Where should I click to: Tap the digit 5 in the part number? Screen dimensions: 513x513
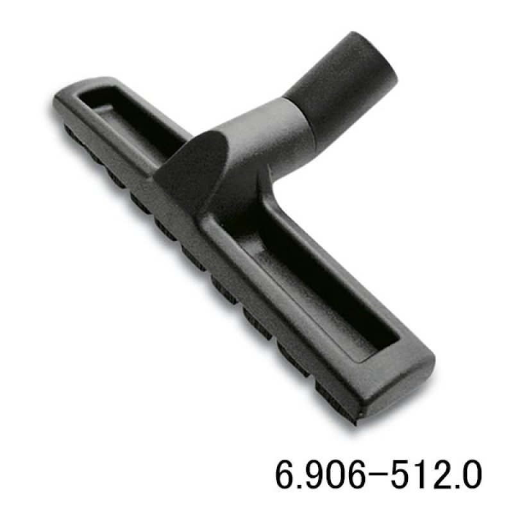pos(401,475)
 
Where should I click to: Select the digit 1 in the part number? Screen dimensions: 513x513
pos(421,475)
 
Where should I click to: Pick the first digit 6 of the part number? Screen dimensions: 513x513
pos(286,475)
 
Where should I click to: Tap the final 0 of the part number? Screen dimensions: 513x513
pos(472,475)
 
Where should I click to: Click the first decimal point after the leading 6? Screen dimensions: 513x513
pos(299,486)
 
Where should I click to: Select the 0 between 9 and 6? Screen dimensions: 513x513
pos(333,475)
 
